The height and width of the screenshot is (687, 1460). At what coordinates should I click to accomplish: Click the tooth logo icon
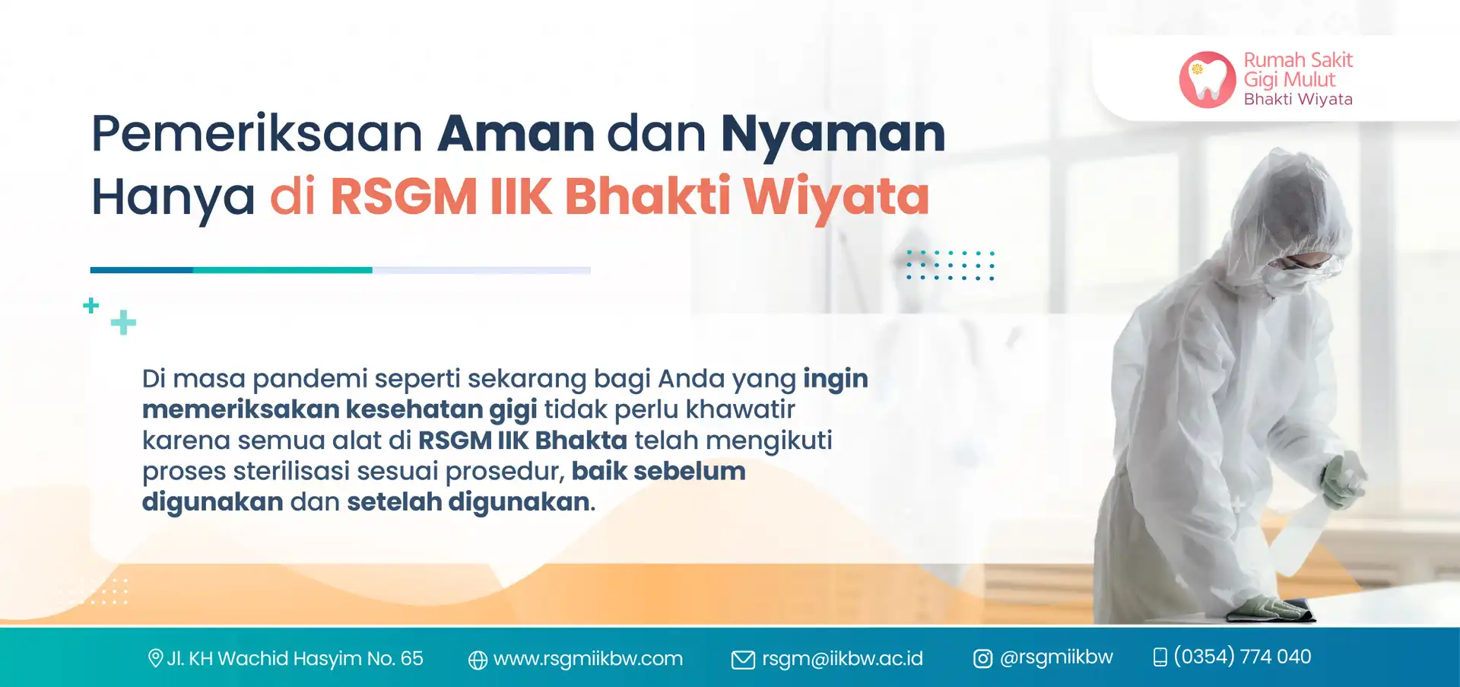(x=1208, y=79)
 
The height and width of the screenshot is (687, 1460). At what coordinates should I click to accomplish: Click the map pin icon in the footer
(x=155, y=658)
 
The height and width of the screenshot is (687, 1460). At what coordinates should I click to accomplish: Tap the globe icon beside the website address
(x=478, y=660)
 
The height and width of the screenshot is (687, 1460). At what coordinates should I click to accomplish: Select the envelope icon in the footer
(x=743, y=660)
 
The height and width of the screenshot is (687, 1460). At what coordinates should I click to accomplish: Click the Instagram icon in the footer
(x=983, y=659)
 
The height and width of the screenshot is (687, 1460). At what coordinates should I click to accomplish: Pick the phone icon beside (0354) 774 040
(x=1160, y=657)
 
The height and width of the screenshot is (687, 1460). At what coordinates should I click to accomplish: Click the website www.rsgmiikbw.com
(x=588, y=659)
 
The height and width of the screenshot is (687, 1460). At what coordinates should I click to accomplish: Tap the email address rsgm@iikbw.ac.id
(x=843, y=659)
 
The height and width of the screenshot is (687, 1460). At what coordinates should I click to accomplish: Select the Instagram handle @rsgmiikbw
(x=1056, y=657)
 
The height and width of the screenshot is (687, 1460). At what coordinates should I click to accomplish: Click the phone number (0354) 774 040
(x=1243, y=657)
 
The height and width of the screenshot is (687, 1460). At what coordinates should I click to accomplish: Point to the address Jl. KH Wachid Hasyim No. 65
(x=295, y=658)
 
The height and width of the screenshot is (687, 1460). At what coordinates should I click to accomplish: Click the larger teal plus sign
(x=123, y=323)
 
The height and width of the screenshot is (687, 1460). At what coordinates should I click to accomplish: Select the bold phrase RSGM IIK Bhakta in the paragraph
(x=523, y=441)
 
